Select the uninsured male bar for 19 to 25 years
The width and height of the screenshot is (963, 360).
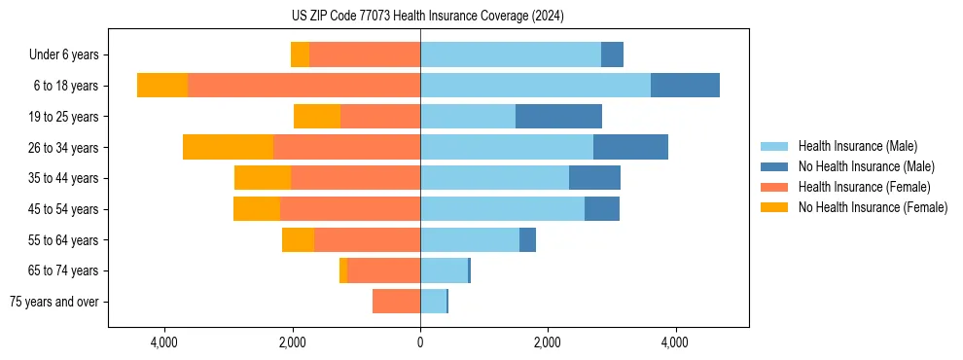[x=558, y=117]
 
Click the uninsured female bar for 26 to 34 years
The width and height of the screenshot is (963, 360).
[x=228, y=148]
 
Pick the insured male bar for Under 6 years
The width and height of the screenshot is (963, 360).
[x=511, y=55]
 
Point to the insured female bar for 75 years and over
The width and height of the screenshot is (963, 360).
[x=396, y=302]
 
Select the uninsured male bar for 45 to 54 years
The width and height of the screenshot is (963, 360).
[x=602, y=209]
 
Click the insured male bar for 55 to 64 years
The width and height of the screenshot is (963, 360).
[x=470, y=240]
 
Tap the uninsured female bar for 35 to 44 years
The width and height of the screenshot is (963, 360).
[x=263, y=178]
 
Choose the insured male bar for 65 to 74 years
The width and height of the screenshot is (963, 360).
[x=444, y=270]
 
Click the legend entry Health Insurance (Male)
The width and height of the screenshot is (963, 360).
[x=857, y=146]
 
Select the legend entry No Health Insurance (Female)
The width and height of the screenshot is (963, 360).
[x=873, y=207]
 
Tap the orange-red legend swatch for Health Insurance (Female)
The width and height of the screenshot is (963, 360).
[x=775, y=187]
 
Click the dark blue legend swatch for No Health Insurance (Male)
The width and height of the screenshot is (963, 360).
[x=775, y=166]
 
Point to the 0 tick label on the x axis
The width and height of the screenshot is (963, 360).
[x=420, y=342]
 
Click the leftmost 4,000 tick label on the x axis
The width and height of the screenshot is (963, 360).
[x=164, y=342]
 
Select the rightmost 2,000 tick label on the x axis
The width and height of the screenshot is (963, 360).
[x=548, y=342]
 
